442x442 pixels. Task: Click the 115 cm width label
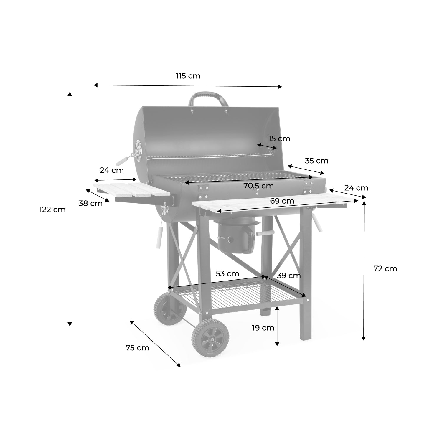188,76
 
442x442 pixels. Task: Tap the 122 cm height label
52,210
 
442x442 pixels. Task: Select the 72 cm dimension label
385,268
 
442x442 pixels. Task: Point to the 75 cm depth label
137,348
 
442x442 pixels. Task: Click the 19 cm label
263,328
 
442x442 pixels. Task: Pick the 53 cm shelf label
227,273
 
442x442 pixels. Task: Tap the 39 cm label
289,276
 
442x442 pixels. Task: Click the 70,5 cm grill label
258,186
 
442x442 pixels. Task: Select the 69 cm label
282,201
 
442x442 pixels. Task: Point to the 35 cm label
316,161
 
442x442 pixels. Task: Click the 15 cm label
279,138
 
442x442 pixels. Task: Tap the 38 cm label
90,203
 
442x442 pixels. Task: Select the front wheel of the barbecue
210,338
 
